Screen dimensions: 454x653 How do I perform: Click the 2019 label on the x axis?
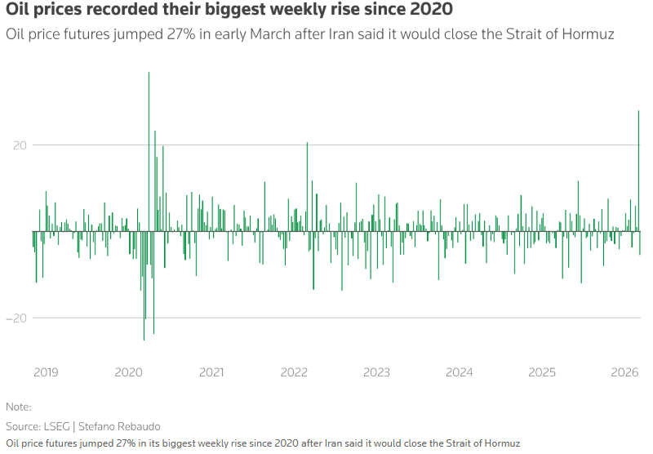46,372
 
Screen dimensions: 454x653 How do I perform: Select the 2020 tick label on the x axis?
128,372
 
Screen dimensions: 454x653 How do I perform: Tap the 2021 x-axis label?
211,372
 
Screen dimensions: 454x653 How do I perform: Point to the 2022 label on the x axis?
294,372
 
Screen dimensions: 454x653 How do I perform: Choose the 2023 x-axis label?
376,372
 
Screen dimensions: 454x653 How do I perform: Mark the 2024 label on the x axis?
460,372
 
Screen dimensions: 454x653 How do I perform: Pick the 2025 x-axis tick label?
542,372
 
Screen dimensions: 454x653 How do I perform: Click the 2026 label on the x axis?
624,372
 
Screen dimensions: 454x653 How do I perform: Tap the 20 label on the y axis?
19,145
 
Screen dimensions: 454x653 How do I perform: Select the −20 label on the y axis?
16,318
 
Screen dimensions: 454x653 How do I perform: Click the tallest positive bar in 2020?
149,147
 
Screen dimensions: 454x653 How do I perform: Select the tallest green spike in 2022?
307,184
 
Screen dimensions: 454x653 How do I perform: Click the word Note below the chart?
17,407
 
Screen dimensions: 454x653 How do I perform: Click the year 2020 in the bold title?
430,11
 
